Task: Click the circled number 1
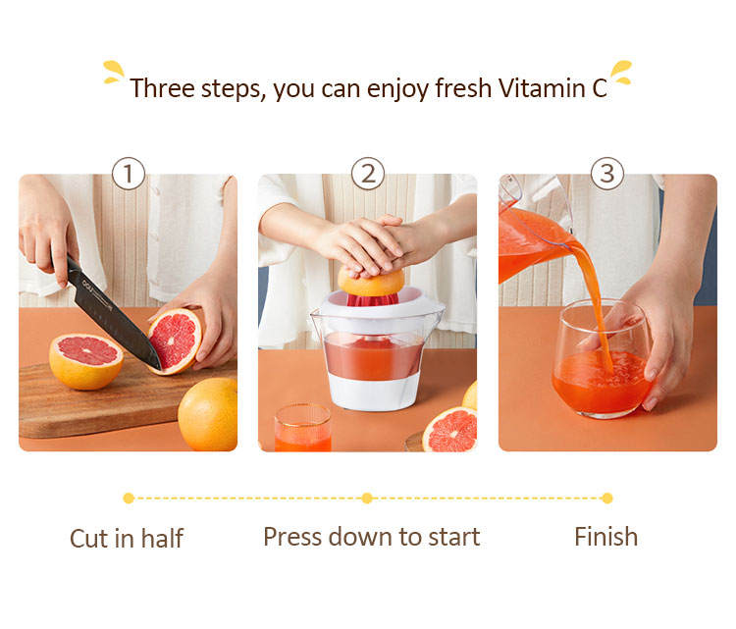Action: click(x=129, y=174)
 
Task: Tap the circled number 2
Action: click(x=368, y=174)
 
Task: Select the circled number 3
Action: click(x=607, y=174)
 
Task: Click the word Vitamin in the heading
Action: click(x=541, y=87)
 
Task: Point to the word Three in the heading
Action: click(x=162, y=87)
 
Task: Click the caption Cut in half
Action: click(x=127, y=538)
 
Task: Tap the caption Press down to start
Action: click(x=372, y=537)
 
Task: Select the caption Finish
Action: click(x=606, y=537)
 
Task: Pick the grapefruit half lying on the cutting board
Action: click(x=86, y=360)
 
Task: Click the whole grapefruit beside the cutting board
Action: click(x=208, y=414)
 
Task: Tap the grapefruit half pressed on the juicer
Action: click(x=371, y=282)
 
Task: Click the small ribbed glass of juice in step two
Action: click(x=303, y=428)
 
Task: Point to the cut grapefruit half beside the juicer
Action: click(x=449, y=430)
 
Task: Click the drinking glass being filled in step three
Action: click(x=602, y=359)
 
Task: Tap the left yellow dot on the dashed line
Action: click(x=129, y=498)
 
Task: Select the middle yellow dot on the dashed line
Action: click(x=367, y=498)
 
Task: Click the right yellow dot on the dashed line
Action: click(x=607, y=498)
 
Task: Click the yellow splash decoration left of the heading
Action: click(x=113, y=72)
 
